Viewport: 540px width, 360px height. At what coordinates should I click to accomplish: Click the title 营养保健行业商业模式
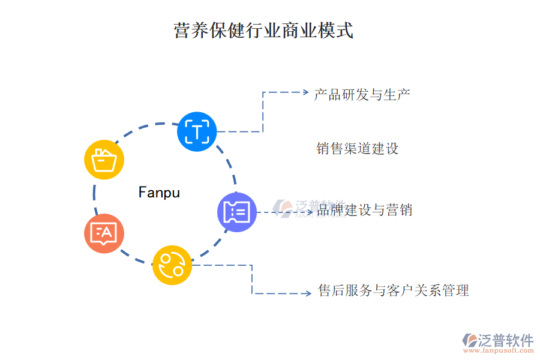pyautogui.click(x=263, y=30)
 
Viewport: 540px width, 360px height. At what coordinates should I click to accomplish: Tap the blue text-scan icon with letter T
pyautogui.click(x=197, y=131)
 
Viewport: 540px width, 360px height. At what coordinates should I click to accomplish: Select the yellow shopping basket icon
pyautogui.click(x=104, y=160)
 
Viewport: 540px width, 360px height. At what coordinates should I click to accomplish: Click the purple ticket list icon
pyautogui.click(x=237, y=212)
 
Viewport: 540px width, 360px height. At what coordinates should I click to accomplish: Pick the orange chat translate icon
pyautogui.click(x=104, y=233)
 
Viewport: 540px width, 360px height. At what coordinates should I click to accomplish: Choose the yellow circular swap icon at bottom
pyautogui.click(x=172, y=265)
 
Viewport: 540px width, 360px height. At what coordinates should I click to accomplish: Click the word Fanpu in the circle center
pyautogui.click(x=159, y=193)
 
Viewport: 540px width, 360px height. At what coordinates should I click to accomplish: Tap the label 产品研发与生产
pyautogui.click(x=362, y=94)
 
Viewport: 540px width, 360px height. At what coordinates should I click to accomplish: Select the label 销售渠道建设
pyautogui.click(x=357, y=148)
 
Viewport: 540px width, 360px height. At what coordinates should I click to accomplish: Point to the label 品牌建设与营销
pyautogui.click(x=364, y=210)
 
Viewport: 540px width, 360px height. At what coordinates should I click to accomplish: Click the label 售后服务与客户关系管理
pyautogui.click(x=393, y=291)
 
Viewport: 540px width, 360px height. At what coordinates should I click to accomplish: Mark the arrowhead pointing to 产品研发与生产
pyautogui.click(x=304, y=92)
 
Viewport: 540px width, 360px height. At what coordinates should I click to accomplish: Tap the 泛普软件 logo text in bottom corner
pyautogui.click(x=505, y=340)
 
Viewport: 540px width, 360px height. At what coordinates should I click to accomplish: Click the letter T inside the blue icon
pyautogui.click(x=197, y=131)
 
